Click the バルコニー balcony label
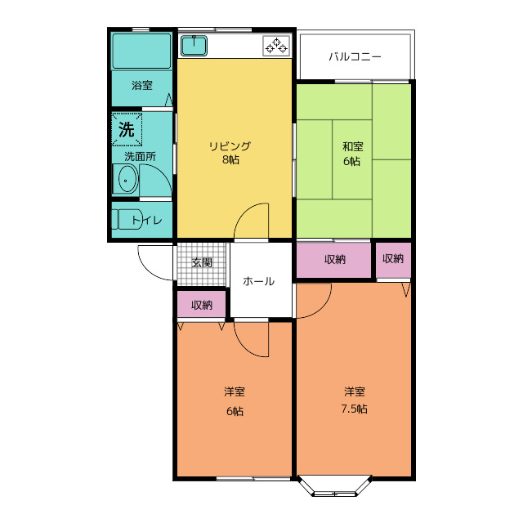pos(355,56)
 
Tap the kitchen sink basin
pos(194,46)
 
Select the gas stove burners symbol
pos(276,46)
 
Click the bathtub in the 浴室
pos(141,51)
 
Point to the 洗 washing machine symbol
pos(127,129)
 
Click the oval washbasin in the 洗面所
pos(126,179)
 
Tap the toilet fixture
pos(127,219)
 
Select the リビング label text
pos(230,146)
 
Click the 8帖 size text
pos(230,160)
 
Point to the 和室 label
pos(353,146)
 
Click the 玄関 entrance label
pos(202,262)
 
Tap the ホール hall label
pos(258,281)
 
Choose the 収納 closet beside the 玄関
pos(202,304)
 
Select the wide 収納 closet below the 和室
pos(334,260)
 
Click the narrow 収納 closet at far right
pos(393,260)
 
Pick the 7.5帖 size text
pos(354,409)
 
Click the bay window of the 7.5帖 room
pos(334,485)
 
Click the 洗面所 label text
pos(140,156)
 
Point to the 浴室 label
pos(142,85)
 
